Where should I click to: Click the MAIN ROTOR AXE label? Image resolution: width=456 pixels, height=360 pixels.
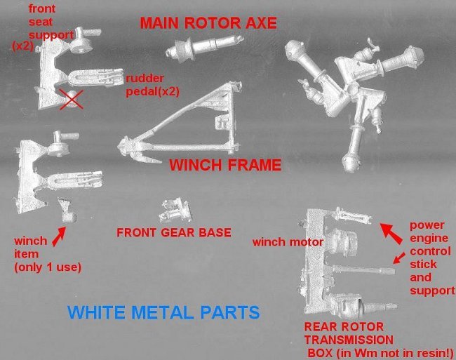208,23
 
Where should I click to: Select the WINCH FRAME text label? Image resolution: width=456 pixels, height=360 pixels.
225,165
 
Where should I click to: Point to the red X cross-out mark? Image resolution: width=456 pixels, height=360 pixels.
72,100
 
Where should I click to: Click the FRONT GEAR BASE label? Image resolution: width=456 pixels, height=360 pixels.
174,233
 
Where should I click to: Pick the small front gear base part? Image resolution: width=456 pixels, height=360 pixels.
175,210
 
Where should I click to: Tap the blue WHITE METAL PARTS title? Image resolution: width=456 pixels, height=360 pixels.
163,312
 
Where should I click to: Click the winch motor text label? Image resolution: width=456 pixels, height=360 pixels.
288,242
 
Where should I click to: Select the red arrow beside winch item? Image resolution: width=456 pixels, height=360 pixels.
59,236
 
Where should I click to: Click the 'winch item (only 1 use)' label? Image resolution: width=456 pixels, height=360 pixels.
48,254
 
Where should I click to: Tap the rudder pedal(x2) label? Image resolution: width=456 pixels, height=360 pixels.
152,85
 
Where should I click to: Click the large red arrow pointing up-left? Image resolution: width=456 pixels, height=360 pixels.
391,233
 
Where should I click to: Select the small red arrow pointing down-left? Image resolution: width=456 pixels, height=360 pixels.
399,258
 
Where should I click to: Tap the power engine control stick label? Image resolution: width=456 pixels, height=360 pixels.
432,258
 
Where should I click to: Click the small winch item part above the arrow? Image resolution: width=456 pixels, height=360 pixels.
67,211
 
